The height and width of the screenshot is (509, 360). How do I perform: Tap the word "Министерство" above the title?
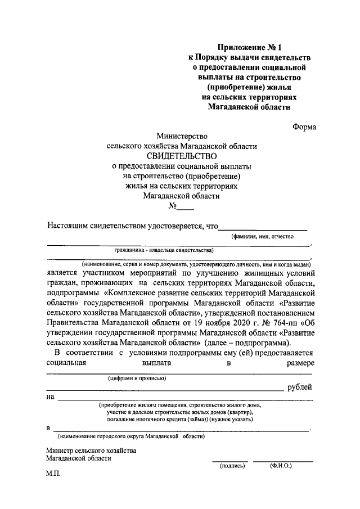(x=182, y=136)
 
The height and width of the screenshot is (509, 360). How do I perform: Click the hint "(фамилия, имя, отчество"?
(x=263, y=238)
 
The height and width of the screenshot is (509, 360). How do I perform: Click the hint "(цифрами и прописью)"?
(x=137, y=378)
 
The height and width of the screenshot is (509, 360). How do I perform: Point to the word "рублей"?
(x=300, y=388)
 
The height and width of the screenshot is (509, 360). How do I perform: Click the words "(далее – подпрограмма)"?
(x=246, y=343)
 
